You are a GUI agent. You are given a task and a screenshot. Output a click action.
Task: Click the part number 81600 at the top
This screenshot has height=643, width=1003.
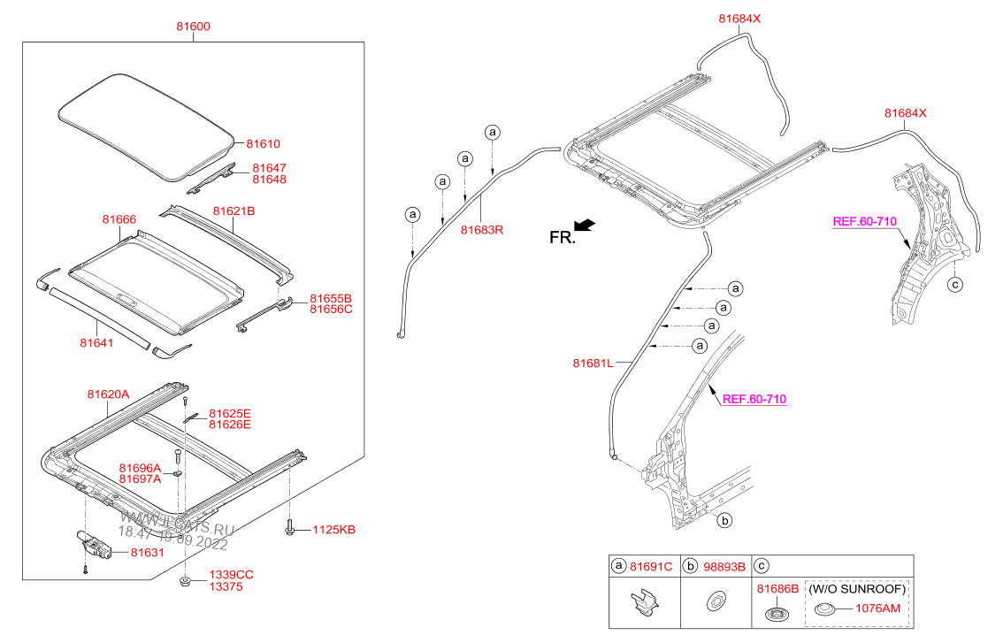194,27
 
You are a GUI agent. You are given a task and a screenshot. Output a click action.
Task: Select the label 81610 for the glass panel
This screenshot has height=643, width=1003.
263,143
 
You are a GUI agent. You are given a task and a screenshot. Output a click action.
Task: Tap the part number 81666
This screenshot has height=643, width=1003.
119,219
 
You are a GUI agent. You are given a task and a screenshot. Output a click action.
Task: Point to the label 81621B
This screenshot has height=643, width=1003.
234,211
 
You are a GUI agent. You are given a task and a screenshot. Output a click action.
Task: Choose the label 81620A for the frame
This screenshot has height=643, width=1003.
108,394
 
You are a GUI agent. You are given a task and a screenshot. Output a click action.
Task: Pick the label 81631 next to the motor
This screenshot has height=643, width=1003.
148,553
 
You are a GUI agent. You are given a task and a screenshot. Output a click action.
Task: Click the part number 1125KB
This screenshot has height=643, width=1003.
335,530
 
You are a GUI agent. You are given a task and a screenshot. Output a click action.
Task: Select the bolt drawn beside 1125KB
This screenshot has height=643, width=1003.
290,528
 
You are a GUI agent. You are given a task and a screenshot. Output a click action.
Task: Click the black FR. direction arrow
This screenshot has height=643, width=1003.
585,226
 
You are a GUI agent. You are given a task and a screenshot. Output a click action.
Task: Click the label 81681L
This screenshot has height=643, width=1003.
593,363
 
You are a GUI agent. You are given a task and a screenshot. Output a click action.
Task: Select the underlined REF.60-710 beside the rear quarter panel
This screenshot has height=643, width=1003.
862,221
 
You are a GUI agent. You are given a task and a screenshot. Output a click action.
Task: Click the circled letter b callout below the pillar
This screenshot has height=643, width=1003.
724,520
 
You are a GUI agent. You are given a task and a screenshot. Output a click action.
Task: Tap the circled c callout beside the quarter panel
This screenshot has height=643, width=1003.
953,284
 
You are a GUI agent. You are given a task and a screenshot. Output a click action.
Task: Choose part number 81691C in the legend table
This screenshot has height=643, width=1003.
651,566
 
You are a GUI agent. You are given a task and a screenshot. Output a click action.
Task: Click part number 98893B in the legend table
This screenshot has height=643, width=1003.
724,566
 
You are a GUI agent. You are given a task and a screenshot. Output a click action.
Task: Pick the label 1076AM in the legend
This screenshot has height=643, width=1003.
878,609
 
